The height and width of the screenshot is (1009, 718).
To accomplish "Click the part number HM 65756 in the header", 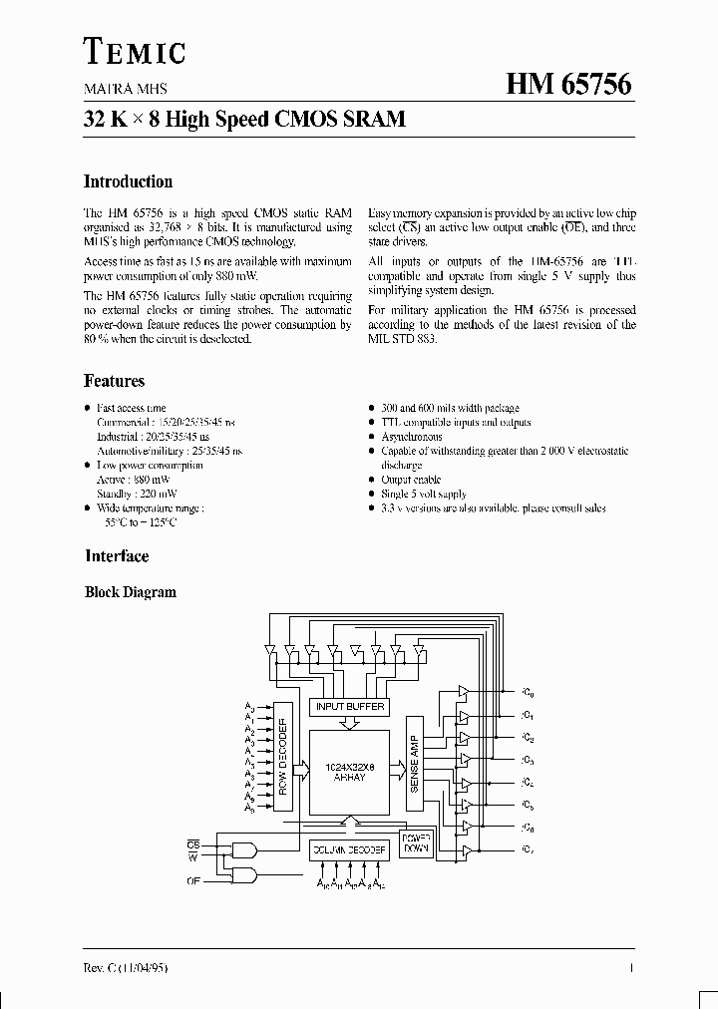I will (568, 86).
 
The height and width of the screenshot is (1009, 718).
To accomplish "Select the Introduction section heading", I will (128, 181).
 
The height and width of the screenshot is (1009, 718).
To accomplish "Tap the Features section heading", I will (114, 381).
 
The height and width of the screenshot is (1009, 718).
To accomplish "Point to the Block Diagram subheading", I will (130, 592).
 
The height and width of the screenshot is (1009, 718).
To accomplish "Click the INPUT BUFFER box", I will (350, 706).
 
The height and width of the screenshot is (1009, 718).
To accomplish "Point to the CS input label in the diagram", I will (193, 843).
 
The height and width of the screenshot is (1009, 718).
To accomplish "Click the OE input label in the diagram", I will (193, 880).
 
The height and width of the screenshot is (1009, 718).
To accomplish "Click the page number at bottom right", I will (632, 968).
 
